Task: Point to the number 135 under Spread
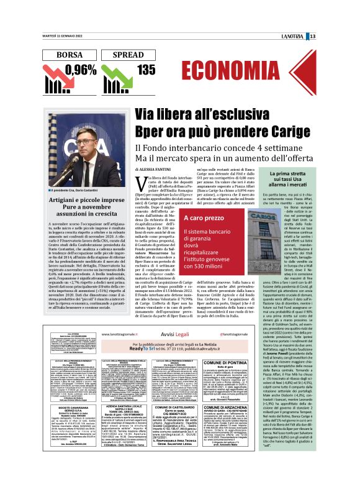pyautogui.click(x=146, y=70)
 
